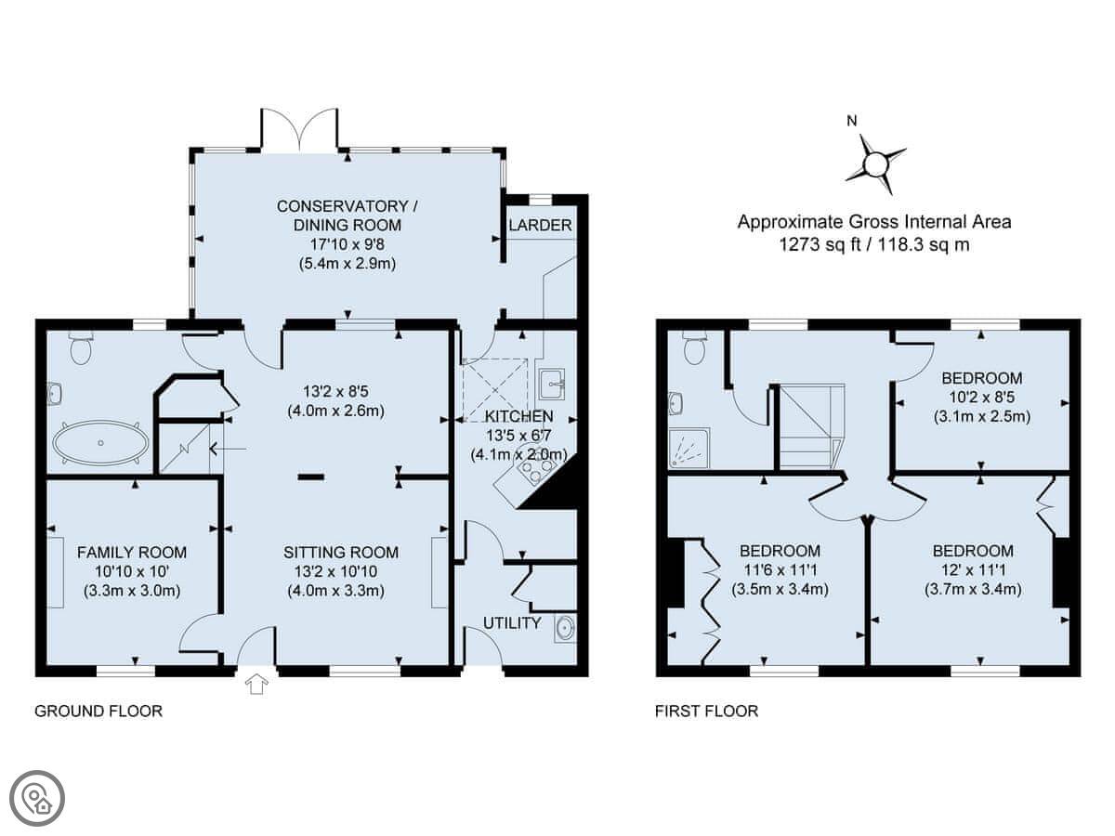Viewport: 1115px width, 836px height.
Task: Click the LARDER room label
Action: tap(540, 225)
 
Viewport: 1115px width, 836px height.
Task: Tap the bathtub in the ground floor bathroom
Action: tap(100, 443)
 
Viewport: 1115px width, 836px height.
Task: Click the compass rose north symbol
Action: tap(874, 163)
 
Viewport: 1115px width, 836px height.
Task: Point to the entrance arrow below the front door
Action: tap(256, 684)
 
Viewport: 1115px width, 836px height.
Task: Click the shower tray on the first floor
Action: tap(689, 448)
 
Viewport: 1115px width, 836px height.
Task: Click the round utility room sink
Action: tap(565, 629)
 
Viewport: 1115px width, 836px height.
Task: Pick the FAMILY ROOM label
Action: tap(132, 553)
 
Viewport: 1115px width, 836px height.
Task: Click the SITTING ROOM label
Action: tap(341, 553)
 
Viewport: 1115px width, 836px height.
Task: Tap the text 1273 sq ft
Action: tap(820, 244)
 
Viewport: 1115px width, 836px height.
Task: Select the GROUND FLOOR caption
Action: tap(98, 712)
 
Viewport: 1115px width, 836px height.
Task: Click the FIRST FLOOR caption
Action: tap(706, 712)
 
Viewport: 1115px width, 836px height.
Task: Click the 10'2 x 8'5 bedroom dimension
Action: tap(982, 398)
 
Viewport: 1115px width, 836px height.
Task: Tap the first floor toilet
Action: tap(694, 346)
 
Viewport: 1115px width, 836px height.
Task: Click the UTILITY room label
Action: tap(512, 622)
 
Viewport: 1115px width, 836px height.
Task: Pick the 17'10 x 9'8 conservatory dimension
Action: tap(348, 244)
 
